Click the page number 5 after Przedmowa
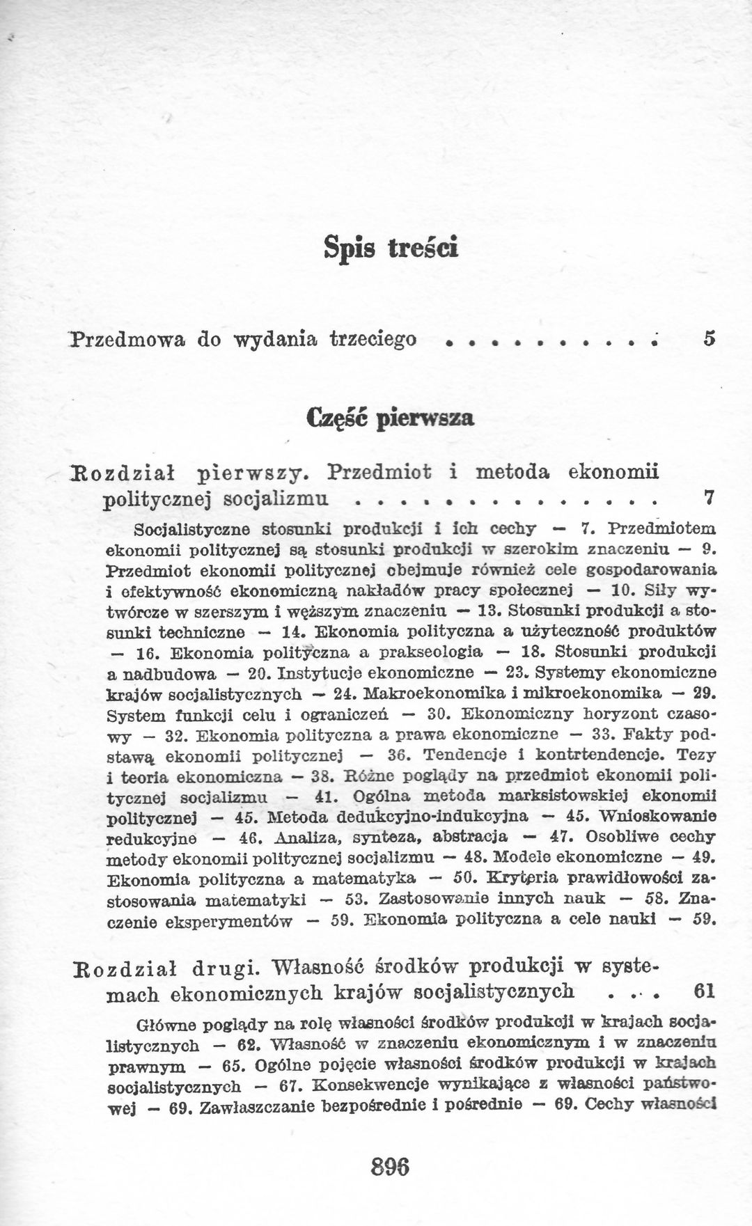[x=709, y=339]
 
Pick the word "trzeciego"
[x=373, y=339]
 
